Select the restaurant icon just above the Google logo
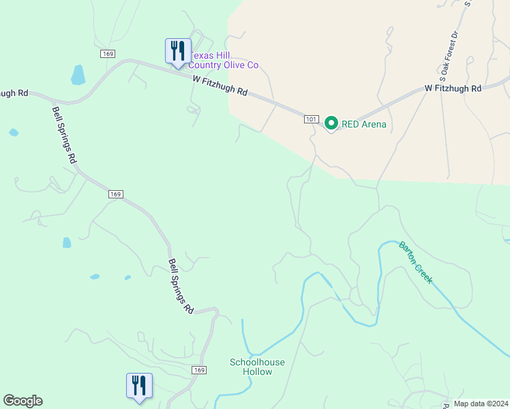coord(139,386)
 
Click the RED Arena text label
coord(365,124)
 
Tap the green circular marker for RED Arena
coord(331,123)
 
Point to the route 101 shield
coord(312,119)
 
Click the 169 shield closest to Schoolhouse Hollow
coord(198,370)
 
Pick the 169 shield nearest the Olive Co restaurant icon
coord(108,53)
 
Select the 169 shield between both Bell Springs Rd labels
coord(115,194)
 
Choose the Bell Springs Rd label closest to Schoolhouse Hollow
coord(181,286)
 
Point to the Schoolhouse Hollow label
coord(257,367)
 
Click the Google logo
coord(22,401)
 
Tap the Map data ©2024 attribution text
coord(480,404)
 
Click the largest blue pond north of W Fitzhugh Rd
coord(78,74)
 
